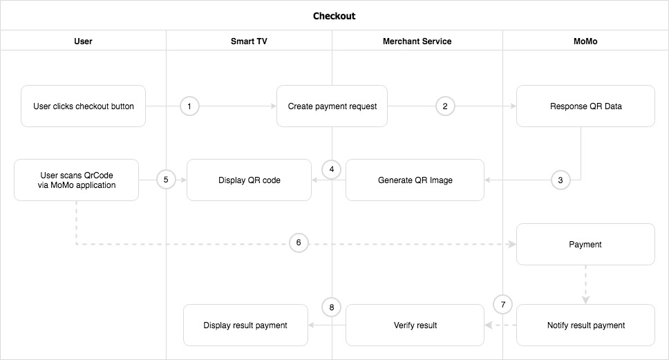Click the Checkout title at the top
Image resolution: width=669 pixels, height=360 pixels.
pyautogui.click(x=334, y=15)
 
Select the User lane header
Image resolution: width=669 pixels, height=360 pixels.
pyautogui.click(x=83, y=41)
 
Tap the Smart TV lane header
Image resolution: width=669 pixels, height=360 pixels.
pyautogui.click(x=249, y=41)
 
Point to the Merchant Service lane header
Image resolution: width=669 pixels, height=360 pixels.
pyautogui.click(x=417, y=41)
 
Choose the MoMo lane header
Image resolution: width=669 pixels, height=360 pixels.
pyautogui.click(x=585, y=41)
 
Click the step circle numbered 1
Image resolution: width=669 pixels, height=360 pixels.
pyautogui.click(x=189, y=106)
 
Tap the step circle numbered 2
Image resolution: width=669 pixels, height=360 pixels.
pyautogui.click(x=445, y=106)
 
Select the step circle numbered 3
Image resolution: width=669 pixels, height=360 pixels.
pyautogui.click(x=560, y=180)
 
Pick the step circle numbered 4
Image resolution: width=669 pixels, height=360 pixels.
pyautogui.click(x=332, y=169)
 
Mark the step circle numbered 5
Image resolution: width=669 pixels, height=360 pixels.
pyautogui.click(x=166, y=179)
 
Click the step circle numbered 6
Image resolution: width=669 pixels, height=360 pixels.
pyautogui.click(x=299, y=243)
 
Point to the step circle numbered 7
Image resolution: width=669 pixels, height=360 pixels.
pyautogui.click(x=503, y=304)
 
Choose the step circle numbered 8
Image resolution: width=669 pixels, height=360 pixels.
pyautogui.click(x=332, y=307)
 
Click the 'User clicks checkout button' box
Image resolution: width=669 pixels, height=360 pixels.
pyautogui.click(x=83, y=106)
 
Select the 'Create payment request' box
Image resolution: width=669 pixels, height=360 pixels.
pyautogui.click(x=332, y=106)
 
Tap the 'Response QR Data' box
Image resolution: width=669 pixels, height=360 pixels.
pyautogui.click(x=585, y=106)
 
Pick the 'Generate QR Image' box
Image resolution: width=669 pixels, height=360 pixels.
pyautogui.click(x=415, y=180)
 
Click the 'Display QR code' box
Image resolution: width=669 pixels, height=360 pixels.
pyautogui.click(x=249, y=180)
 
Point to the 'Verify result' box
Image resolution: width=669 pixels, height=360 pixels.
pyautogui.click(x=415, y=325)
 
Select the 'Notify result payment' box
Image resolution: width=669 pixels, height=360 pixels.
pyautogui.click(x=585, y=325)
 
